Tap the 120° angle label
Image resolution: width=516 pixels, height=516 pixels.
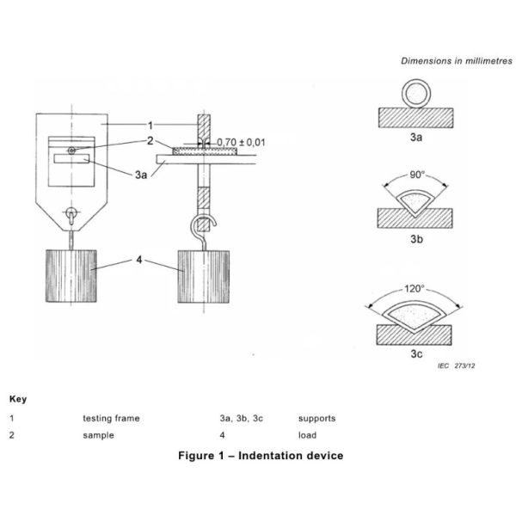(x=416, y=289)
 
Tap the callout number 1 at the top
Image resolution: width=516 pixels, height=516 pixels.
(x=150, y=125)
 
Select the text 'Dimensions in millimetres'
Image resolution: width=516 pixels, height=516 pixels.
(x=456, y=61)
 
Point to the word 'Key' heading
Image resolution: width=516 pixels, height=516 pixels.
(x=17, y=400)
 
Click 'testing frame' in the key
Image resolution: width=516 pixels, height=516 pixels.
(x=111, y=419)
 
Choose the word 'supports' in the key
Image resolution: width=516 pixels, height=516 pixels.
(x=316, y=419)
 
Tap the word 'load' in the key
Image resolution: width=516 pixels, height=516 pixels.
(x=307, y=435)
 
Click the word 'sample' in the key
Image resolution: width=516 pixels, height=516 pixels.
(x=99, y=435)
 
